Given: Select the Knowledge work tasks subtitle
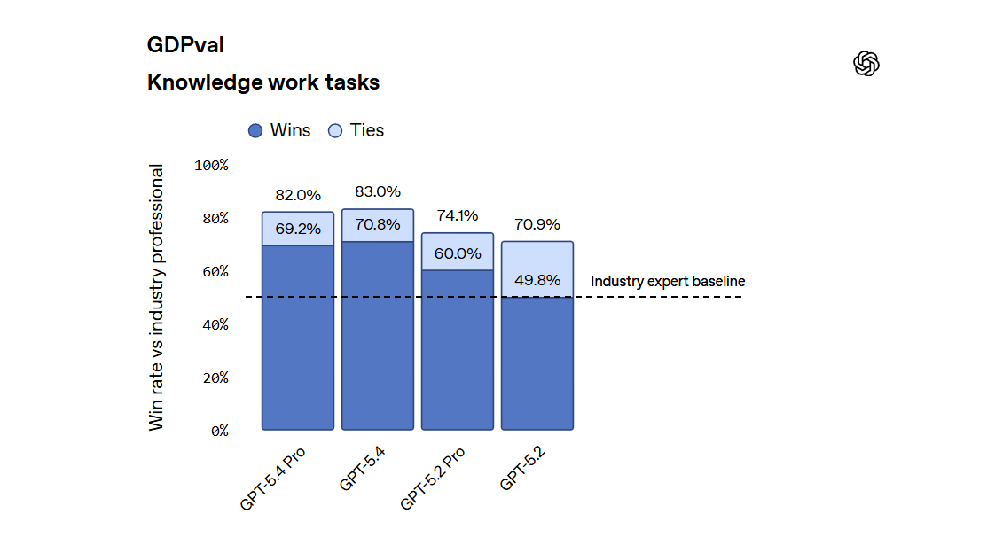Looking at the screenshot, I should tap(263, 82).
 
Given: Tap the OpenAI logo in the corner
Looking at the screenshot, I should tap(866, 63).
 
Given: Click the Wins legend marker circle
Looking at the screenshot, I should tap(255, 131).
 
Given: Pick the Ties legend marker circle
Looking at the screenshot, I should tap(335, 131).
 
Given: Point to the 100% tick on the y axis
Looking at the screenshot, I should tap(211, 165).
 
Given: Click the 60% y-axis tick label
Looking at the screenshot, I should tap(211, 271).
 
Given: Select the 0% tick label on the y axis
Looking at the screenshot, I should tap(218, 431).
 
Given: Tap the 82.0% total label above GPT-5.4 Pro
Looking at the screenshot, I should tap(298, 195).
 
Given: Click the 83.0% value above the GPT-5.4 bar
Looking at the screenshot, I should tap(378, 191).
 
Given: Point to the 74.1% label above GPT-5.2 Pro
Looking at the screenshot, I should tap(458, 215).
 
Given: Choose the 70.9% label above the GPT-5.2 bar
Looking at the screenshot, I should tap(537, 224).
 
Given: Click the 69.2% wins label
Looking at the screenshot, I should tap(298, 229).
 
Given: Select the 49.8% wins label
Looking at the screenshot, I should tap(537, 280).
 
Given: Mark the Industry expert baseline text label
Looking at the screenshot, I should tap(668, 282).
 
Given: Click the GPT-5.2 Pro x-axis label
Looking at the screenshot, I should tap(433, 478).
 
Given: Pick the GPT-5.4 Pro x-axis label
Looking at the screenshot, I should tap(273, 478).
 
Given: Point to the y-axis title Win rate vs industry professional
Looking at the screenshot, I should tap(157, 298).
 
